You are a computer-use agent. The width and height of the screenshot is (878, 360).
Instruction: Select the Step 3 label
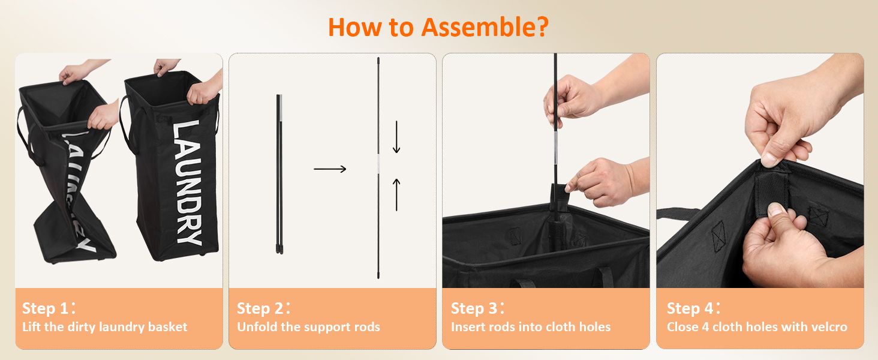click(478, 308)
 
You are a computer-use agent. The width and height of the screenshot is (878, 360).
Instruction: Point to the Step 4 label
click(694, 308)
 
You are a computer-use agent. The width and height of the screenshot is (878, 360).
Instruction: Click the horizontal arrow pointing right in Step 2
click(330, 169)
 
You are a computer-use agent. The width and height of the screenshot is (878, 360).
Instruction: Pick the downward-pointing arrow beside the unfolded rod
click(396, 137)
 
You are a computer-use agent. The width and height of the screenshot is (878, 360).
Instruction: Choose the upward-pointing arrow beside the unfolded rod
click(396, 194)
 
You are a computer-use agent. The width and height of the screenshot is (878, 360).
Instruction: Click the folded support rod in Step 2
click(279, 174)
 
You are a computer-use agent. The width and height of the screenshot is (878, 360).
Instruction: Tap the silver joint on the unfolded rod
click(378, 164)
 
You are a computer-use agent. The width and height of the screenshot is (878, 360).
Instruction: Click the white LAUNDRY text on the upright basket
click(187, 183)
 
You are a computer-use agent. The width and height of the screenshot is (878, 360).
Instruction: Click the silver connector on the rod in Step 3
click(556, 143)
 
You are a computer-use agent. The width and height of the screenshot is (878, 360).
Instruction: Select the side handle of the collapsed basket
click(28, 137)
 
